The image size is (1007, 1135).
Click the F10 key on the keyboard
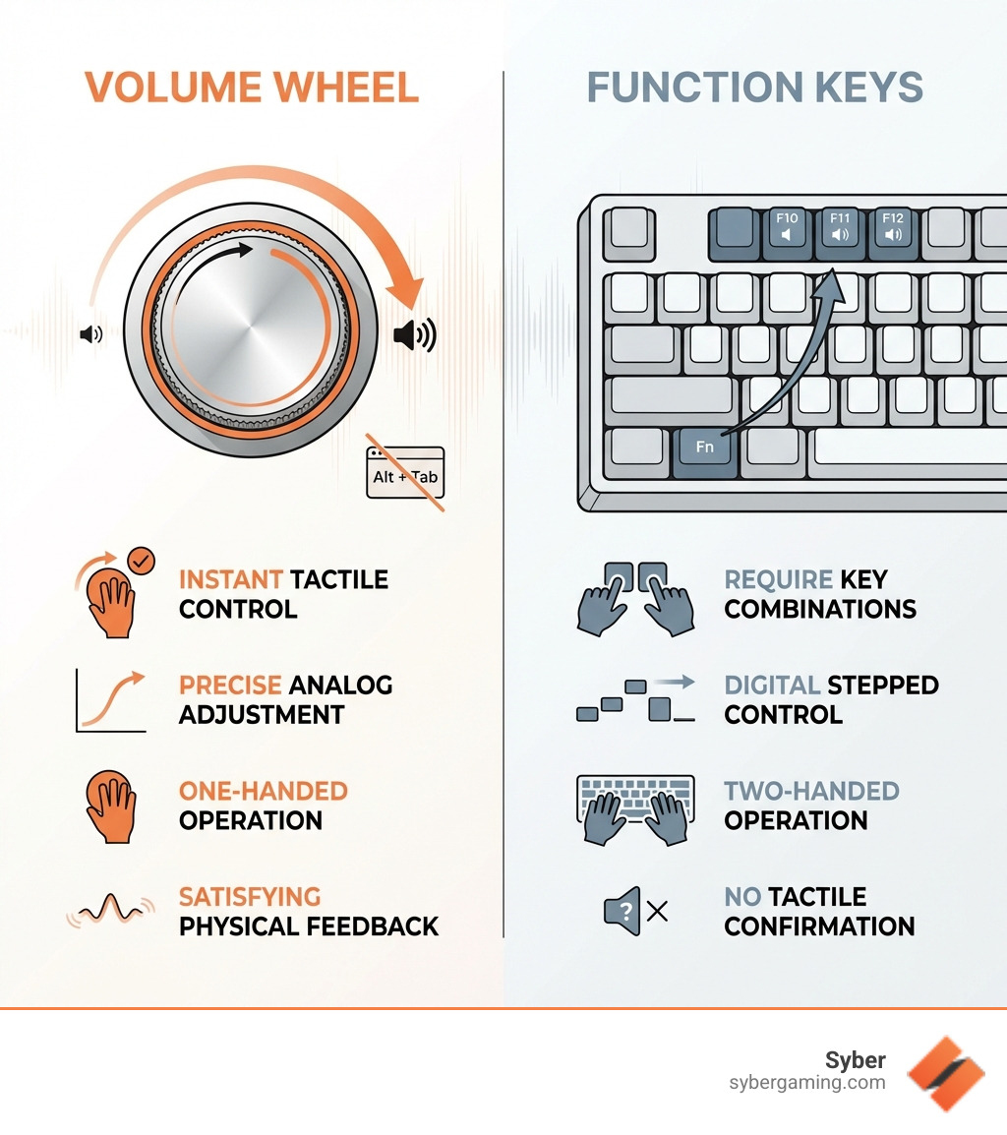tap(787, 228)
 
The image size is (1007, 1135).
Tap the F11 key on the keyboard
tap(840, 228)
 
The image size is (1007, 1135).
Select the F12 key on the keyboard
tap(893, 228)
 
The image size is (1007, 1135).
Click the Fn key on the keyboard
tap(705, 448)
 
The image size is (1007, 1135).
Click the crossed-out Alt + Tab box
tap(405, 474)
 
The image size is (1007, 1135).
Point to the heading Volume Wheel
tap(252, 88)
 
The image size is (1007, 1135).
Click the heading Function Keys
tap(755, 88)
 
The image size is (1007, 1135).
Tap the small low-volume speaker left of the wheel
tap(90, 335)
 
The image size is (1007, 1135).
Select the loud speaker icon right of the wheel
tap(414, 335)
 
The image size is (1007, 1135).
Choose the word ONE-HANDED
tap(263, 791)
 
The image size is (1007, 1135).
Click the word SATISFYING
tap(250, 897)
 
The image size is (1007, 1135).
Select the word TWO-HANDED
tap(811, 791)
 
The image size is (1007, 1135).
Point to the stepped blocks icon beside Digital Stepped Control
tap(634, 698)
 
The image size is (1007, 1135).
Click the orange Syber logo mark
tap(945, 1073)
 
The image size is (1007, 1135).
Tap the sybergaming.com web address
tap(806, 1083)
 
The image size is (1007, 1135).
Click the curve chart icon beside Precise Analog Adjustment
tap(110, 700)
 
